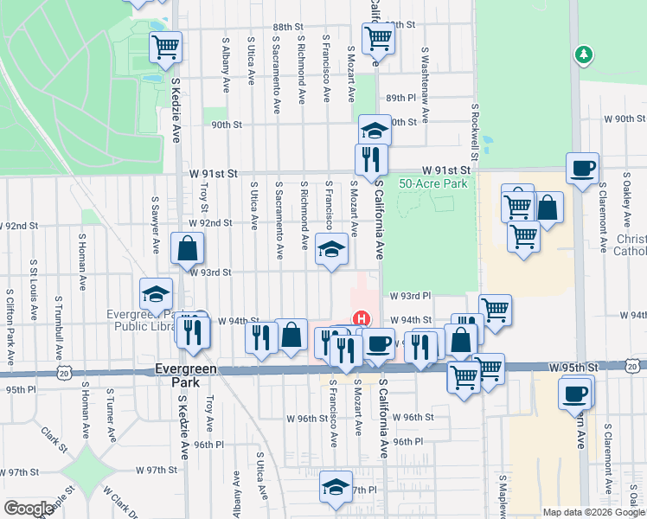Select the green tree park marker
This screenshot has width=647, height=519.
(x=585, y=55)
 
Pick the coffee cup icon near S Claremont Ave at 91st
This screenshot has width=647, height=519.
(x=583, y=167)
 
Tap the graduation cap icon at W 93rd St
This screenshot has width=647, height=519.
(x=329, y=249)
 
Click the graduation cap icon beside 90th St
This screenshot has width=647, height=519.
(x=374, y=130)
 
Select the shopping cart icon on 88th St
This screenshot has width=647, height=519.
(x=378, y=37)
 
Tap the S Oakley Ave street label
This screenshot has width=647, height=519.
(x=625, y=200)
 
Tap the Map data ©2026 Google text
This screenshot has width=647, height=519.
(x=593, y=512)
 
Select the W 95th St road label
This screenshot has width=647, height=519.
(x=573, y=368)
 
